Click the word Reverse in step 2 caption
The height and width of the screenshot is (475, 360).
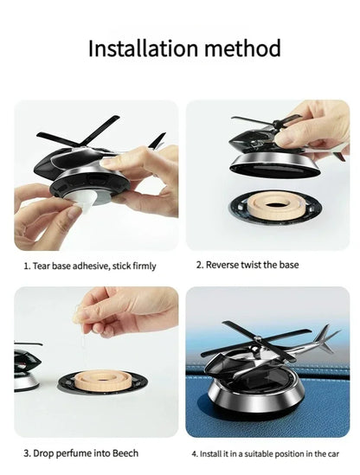pyautogui.click(x=228, y=265)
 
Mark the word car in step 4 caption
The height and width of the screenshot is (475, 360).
pyautogui.click(x=332, y=453)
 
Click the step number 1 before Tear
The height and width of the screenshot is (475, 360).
pyautogui.click(x=25, y=266)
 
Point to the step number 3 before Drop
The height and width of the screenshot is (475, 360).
pyautogui.click(x=25, y=453)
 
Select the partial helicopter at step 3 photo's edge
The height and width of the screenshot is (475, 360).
pyautogui.click(x=24, y=368)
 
